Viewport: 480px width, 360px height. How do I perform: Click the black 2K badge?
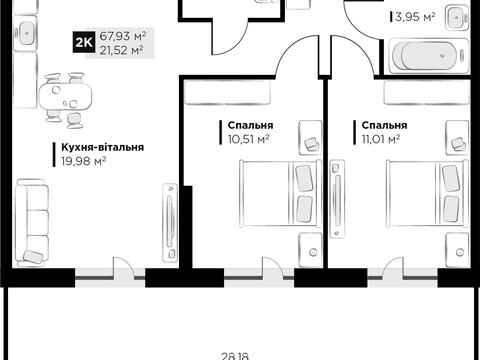pos(84,42)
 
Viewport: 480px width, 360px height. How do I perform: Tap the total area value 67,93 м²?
pos(123,36)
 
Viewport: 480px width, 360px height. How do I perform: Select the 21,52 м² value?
pos(121,50)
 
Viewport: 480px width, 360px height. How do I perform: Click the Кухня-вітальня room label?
pos(102,147)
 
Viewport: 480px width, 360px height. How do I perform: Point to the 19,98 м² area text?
pos(84,161)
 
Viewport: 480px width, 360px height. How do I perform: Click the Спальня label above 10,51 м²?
pos(250,125)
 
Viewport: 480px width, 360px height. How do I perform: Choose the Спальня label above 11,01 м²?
pos(384,125)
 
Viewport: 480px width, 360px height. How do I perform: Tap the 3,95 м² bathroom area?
pos(415,16)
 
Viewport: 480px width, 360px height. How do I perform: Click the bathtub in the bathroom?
pos(428,56)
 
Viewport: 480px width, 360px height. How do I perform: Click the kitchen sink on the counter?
pos(25,33)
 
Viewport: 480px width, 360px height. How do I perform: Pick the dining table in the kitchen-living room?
pos(65,96)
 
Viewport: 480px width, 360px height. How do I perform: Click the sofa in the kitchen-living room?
pos(32,223)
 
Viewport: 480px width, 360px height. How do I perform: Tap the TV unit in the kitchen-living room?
pos(170,222)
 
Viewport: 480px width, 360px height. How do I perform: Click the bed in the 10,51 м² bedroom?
pos(281,194)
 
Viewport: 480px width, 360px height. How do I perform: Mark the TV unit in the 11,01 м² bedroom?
pos(337,199)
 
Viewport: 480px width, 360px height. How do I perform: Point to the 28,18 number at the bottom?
pos(235,356)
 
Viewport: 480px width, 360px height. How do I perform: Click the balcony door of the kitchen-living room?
pos(124,267)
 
